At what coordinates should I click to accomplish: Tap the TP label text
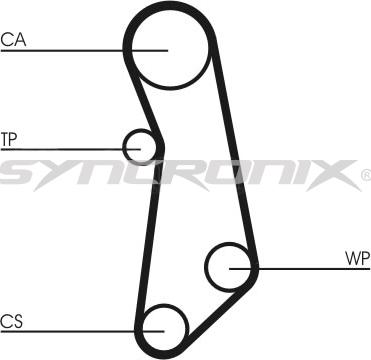[x=10, y=137]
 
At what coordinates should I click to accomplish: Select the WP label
[x=357, y=257]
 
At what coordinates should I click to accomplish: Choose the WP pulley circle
[x=232, y=267]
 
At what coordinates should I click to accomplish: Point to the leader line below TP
[x=60, y=149]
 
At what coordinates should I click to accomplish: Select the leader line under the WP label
[x=300, y=268]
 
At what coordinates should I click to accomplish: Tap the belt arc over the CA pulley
[x=170, y=8]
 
